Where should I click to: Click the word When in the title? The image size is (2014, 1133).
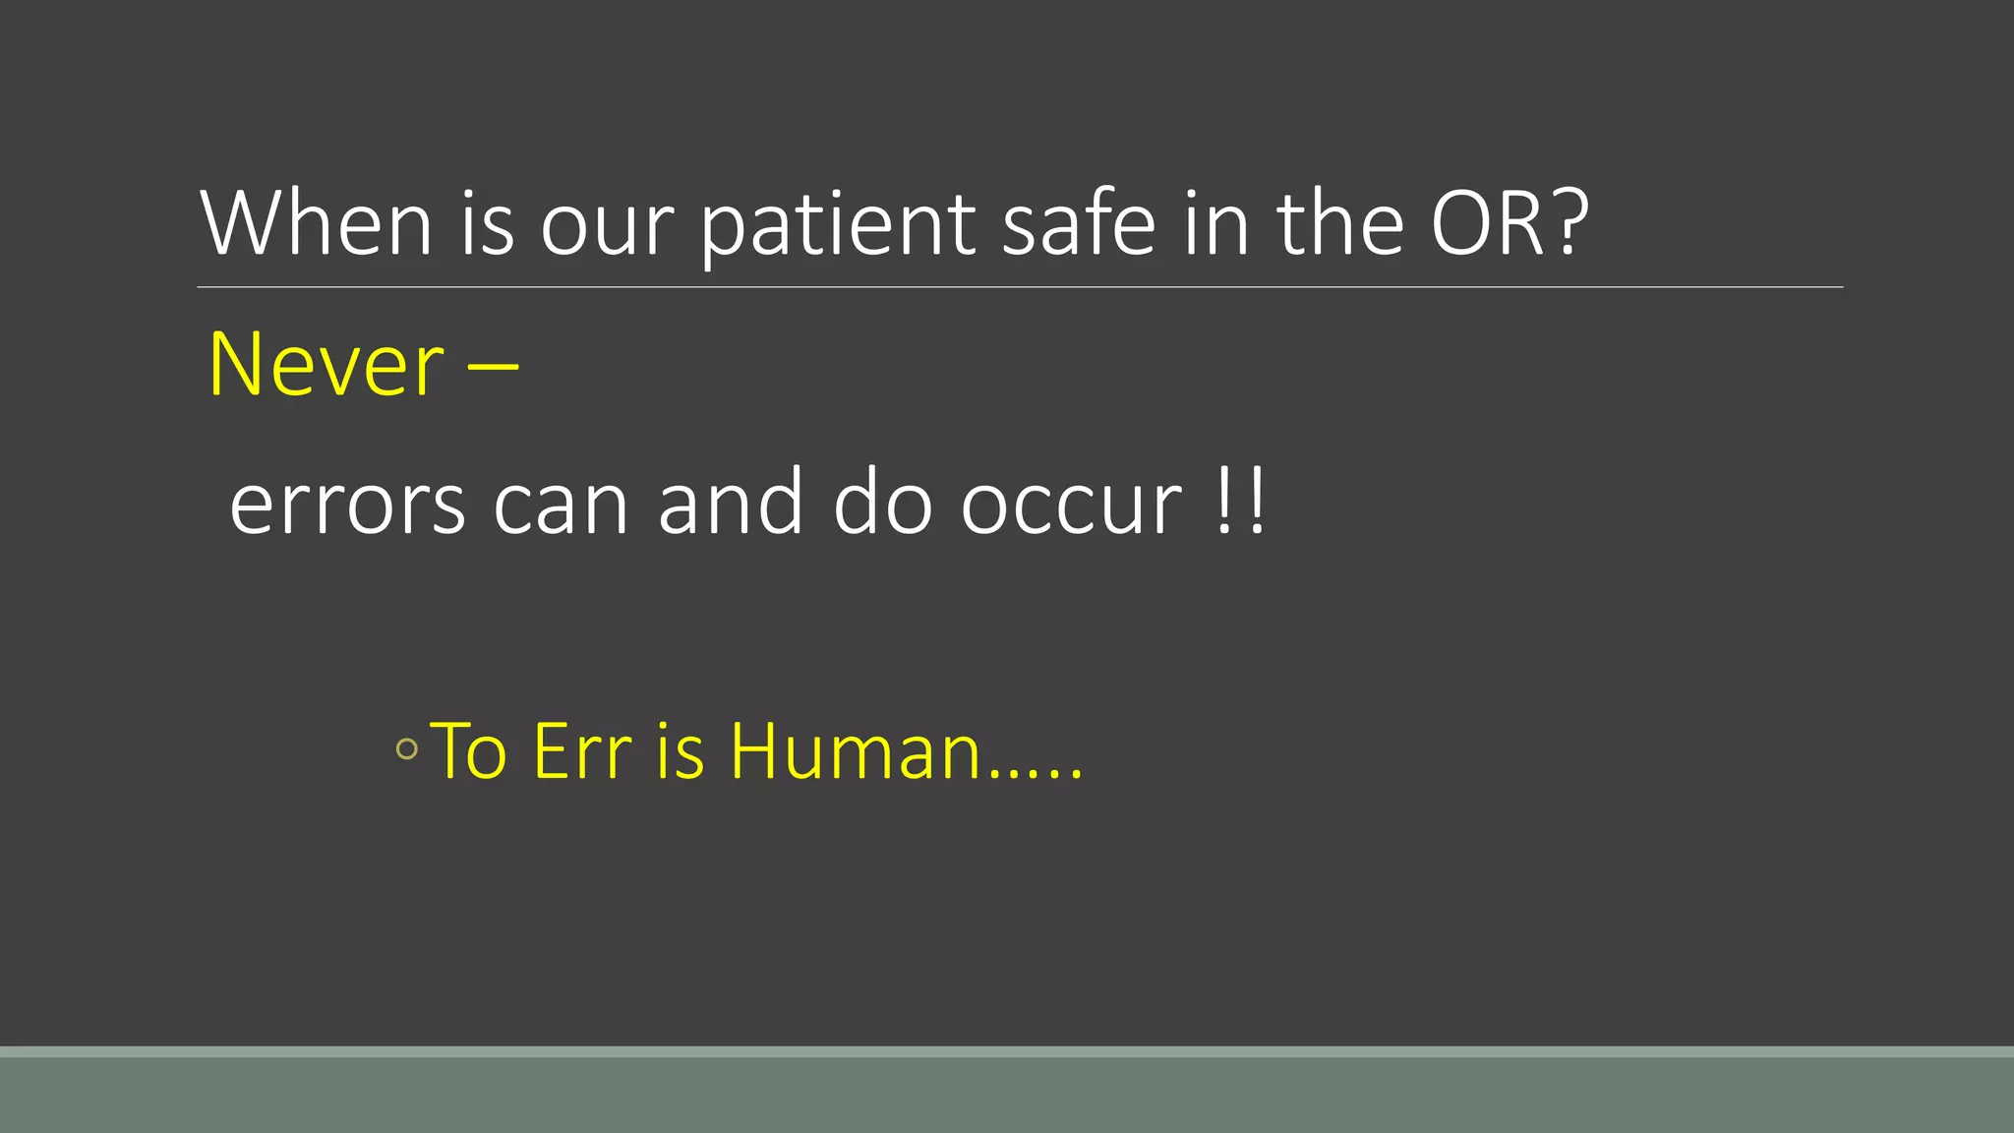(x=316, y=223)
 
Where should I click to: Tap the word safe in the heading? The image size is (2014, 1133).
(x=1078, y=223)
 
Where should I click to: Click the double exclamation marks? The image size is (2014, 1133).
(x=1241, y=502)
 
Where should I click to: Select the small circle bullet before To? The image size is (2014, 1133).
(x=406, y=749)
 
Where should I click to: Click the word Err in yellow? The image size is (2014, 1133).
(x=581, y=751)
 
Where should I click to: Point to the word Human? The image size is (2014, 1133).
(x=856, y=751)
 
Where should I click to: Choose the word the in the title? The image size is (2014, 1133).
(x=1339, y=223)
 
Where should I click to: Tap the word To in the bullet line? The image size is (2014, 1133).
(x=469, y=751)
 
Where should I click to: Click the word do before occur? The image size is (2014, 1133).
(x=882, y=504)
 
